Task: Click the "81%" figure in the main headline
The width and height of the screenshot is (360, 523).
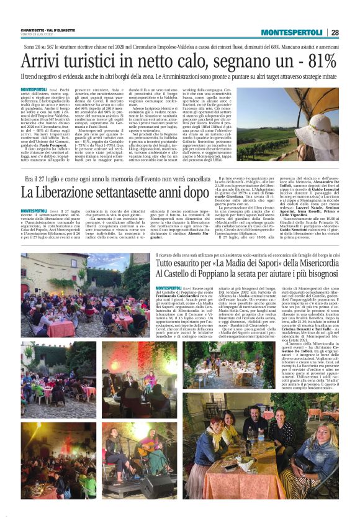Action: coord(322,61)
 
